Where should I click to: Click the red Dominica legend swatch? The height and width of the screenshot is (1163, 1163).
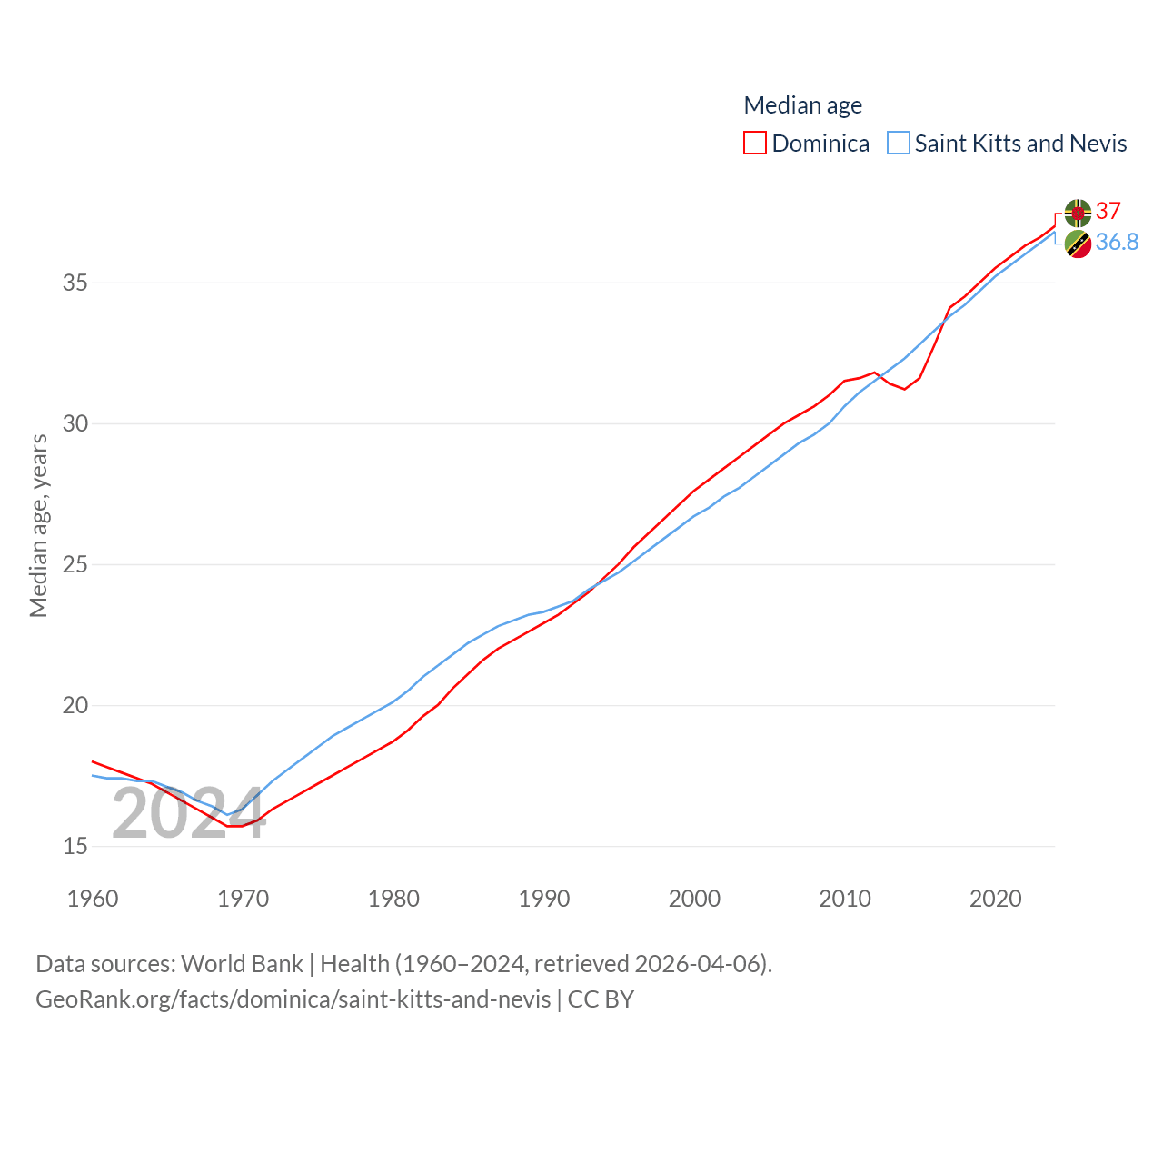pyautogui.click(x=755, y=144)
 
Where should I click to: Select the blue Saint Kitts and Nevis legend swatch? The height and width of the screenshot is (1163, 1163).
pyautogui.click(x=899, y=144)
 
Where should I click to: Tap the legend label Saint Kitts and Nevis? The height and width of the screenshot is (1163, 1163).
pyautogui.click(x=1020, y=144)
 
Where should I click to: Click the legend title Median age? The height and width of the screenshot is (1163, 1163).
pyautogui.click(x=802, y=105)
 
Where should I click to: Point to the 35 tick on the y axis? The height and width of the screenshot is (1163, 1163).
pyautogui.click(x=75, y=283)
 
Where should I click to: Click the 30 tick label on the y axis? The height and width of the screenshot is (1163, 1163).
pyautogui.click(x=75, y=423)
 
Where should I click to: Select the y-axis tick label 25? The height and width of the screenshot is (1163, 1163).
pyautogui.click(x=75, y=564)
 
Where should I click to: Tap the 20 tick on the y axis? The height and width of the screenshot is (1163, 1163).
pyautogui.click(x=75, y=705)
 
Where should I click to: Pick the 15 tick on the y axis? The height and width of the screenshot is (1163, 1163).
pyautogui.click(x=75, y=846)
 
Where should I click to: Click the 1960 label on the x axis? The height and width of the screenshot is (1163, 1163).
pyautogui.click(x=93, y=899)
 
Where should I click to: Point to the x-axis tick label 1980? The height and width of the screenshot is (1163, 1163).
pyautogui.click(x=393, y=899)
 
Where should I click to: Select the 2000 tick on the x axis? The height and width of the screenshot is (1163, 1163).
pyautogui.click(x=694, y=899)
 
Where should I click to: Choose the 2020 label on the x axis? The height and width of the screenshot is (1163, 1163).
pyautogui.click(x=995, y=899)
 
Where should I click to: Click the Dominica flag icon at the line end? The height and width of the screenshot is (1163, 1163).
pyautogui.click(x=1078, y=213)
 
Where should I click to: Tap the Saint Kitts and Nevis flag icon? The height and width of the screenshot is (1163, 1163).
pyautogui.click(x=1078, y=244)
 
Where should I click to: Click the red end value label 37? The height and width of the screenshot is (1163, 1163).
pyautogui.click(x=1108, y=211)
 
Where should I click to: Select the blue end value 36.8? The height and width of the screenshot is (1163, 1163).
pyautogui.click(x=1117, y=242)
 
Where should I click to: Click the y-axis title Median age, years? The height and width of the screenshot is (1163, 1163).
pyautogui.click(x=38, y=525)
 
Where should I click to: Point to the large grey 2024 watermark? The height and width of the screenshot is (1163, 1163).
pyautogui.click(x=188, y=814)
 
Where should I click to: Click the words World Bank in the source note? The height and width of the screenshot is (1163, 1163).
pyautogui.click(x=242, y=963)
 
